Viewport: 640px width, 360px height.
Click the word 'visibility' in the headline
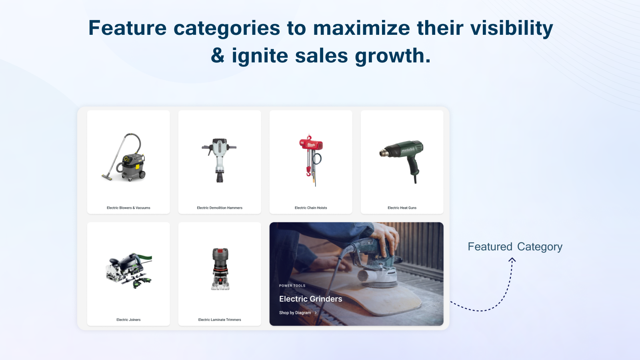point(512,28)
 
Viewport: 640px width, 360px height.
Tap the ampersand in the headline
point(218,56)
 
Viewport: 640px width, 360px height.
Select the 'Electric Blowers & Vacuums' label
point(128,208)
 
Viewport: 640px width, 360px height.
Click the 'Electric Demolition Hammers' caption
point(220,208)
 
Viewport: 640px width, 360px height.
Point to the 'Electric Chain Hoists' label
point(311,208)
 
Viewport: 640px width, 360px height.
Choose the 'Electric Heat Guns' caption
point(402,208)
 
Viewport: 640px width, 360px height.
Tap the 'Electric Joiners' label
point(128,320)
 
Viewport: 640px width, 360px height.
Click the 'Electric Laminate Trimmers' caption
point(220,320)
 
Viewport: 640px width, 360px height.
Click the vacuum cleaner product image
point(124,157)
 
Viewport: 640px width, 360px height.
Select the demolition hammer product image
point(220,160)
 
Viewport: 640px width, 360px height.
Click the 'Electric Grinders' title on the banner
point(310,299)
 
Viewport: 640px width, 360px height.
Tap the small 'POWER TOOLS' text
point(292,286)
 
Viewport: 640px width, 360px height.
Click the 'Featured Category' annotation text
point(515,246)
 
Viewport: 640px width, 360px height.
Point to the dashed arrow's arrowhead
point(512,260)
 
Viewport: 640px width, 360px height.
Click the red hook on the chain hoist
point(308,172)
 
